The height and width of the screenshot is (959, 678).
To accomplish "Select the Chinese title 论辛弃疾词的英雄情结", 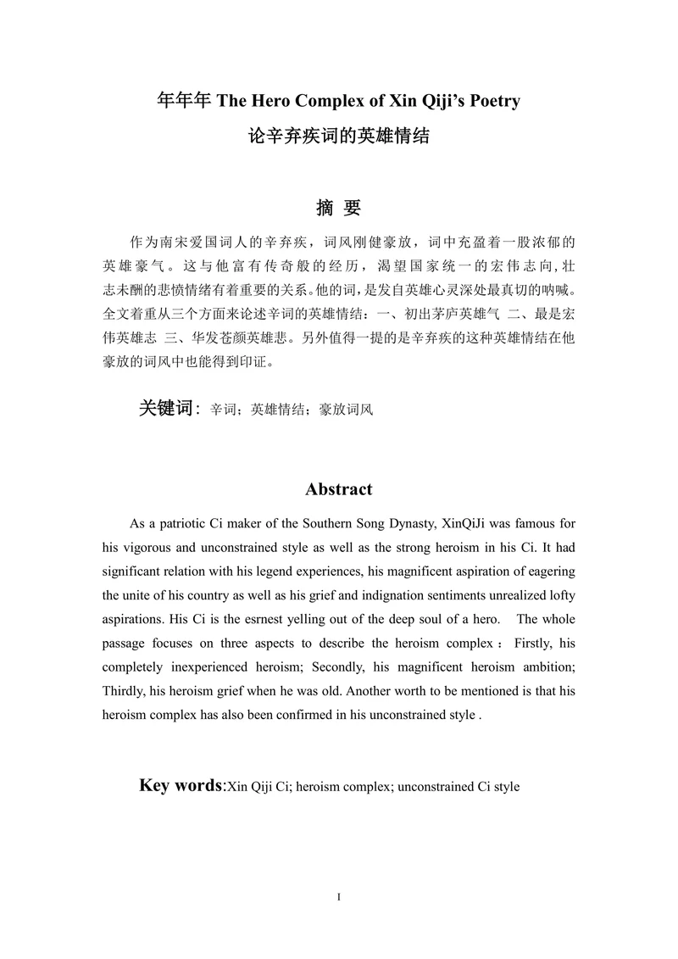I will (x=338, y=135).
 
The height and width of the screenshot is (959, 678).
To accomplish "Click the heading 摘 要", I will (x=338, y=208).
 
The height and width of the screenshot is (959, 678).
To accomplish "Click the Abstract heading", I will (x=338, y=489).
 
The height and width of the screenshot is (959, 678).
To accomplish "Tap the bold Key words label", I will (x=180, y=785).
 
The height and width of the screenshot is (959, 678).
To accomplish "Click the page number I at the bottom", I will (x=338, y=897).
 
